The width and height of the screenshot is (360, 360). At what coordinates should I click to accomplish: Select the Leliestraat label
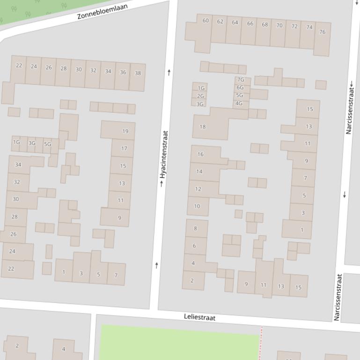(x=200, y=317)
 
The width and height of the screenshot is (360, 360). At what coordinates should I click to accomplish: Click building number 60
(x=206, y=21)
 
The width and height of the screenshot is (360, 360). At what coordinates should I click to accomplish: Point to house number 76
(x=322, y=32)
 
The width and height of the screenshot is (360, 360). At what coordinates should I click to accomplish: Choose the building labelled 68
(x=264, y=24)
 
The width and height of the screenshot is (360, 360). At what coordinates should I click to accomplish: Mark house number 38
(x=138, y=73)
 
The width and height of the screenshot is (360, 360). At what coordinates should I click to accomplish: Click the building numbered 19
(x=125, y=131)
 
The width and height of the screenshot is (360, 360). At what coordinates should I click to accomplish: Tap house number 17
(x=124, y=149)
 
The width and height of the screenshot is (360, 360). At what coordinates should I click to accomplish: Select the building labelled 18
(x=202, y=127)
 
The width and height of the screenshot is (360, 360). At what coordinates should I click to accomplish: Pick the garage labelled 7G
(x=241, y=80)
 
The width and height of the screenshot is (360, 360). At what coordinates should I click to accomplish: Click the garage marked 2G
(x=200, y=96)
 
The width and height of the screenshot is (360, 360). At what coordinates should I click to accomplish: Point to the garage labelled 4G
(x=239, y=103)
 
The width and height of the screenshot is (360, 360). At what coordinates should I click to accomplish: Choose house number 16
(x=200, y=154)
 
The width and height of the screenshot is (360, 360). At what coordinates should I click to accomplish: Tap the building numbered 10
(x=197, y=206)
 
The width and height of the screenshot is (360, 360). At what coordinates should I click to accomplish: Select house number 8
(x=195, y=228)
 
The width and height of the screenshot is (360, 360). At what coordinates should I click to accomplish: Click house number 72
(x=294, y=26)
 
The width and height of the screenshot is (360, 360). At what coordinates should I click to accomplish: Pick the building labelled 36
(x=123, y=72)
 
